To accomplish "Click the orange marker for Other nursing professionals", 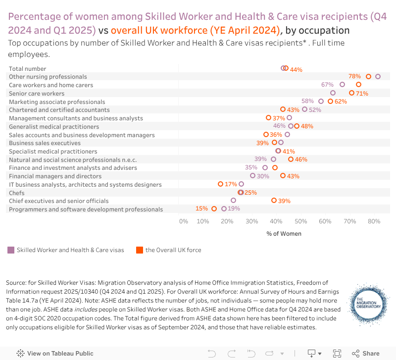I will point(368,76).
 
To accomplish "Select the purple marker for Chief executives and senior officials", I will point(234,201).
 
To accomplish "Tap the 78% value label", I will point(354,76).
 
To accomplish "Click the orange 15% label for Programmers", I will point(201,208).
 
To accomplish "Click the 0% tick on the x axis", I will point(184,221).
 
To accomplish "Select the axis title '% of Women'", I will point(284,233).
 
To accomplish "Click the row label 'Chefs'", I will point(17,193).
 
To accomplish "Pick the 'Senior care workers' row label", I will point(37,93).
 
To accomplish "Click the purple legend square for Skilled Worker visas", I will point(11,250).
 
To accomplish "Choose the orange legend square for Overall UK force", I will point(140,250).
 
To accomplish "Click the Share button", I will point(366,354).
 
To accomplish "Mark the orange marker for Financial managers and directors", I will point(283,176).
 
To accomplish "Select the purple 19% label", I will point(234,208).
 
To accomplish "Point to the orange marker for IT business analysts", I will point(221,184).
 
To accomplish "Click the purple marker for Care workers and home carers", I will point(342,85).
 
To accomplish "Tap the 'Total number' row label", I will point(28,68).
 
